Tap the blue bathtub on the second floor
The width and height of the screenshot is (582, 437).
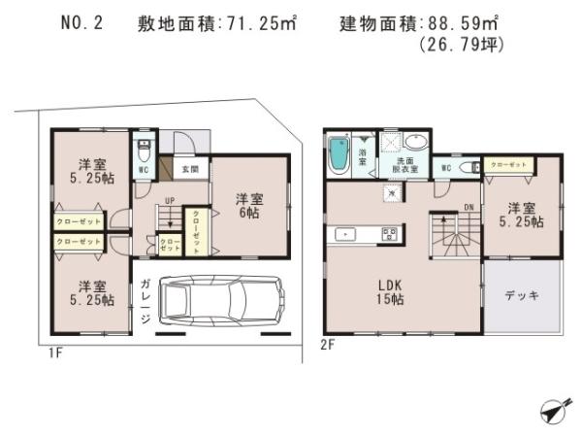click(339, 155)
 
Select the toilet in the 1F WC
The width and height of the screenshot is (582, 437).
click(144, 151)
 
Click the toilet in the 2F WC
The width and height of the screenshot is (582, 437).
click(469, 167)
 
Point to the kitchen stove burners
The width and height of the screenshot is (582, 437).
click(390, 233)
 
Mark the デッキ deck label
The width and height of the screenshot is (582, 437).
click(521, 295)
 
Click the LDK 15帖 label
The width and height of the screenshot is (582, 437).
click(390, 292)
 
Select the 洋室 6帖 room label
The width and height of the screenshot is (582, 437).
click(248, 205)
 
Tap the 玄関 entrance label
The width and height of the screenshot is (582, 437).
click(191, 169)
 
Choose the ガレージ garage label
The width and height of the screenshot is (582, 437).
click(144, 300)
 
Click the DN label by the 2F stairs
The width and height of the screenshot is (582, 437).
click(469, 207)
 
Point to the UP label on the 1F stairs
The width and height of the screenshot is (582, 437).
click(169, 202)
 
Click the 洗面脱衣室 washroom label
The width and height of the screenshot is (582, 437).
click(405, 165)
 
